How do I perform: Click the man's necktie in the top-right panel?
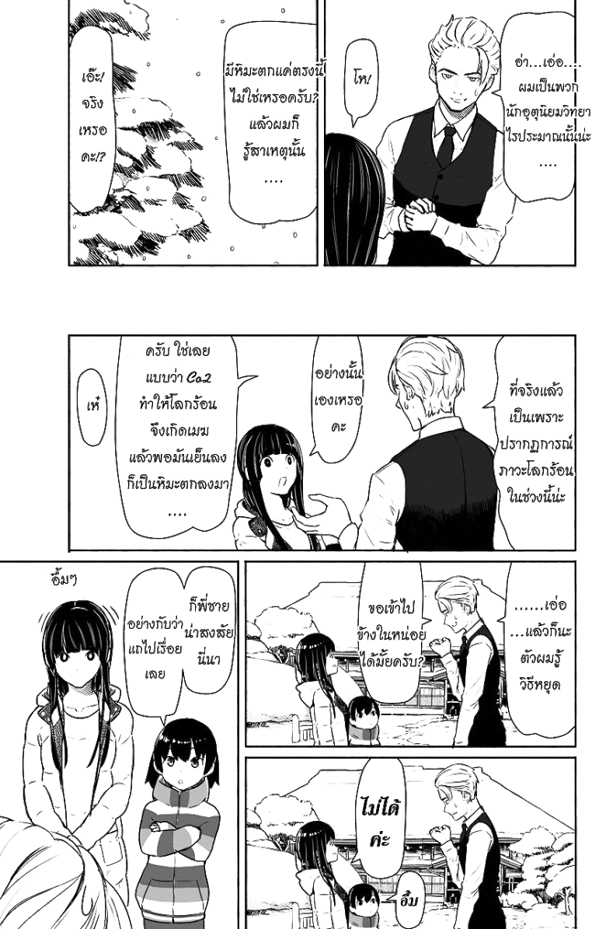click(446, 145)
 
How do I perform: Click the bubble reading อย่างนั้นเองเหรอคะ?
click(338, 400)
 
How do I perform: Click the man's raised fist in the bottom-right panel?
click(440, 833)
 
